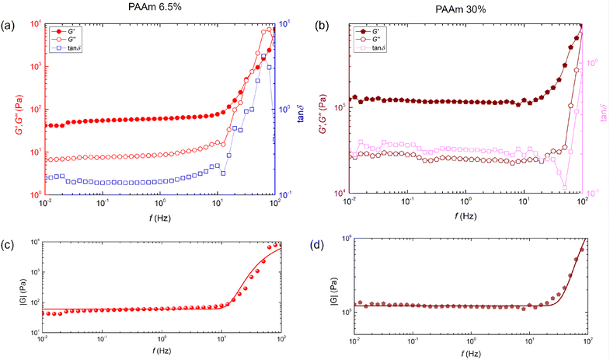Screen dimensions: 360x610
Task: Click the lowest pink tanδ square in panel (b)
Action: click(x=564, y=186)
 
